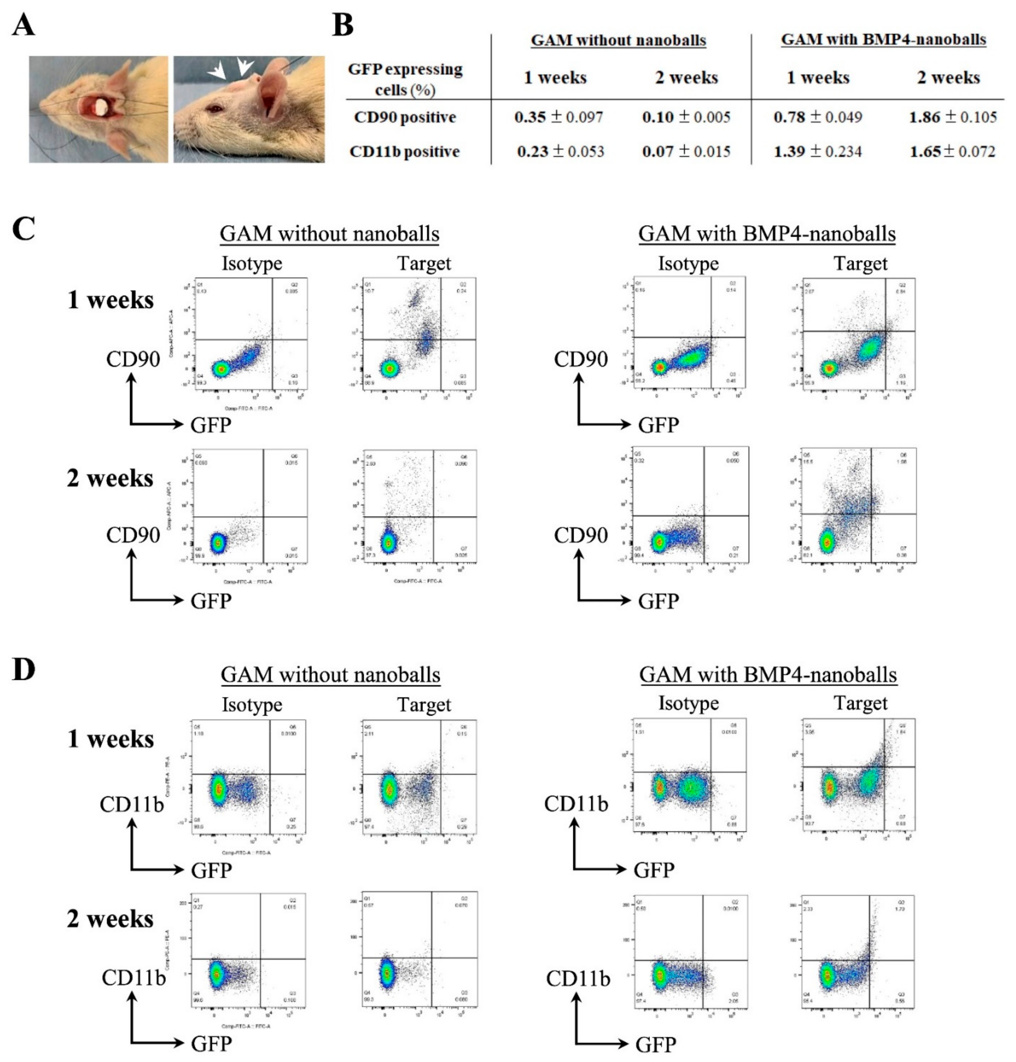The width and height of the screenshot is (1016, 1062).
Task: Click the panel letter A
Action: pos(23,25)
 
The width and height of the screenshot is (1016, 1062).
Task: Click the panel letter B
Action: pos(342,25)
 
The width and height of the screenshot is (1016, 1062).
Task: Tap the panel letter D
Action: pos(23,669)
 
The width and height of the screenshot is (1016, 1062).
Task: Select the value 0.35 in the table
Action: pos(530,117)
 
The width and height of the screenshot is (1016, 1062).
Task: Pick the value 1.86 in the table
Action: pos(924,117)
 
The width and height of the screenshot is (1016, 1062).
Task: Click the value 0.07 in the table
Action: pos(657,152)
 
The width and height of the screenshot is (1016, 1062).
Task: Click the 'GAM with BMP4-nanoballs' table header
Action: pos(883,40)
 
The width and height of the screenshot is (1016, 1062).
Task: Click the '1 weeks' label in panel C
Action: pos(110,300)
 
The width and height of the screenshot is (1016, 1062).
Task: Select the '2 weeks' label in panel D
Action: pos(110,919)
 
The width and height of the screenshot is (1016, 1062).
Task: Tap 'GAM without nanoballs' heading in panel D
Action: pos(330,675)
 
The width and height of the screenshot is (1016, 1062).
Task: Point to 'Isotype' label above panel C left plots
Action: pos(252,264)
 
